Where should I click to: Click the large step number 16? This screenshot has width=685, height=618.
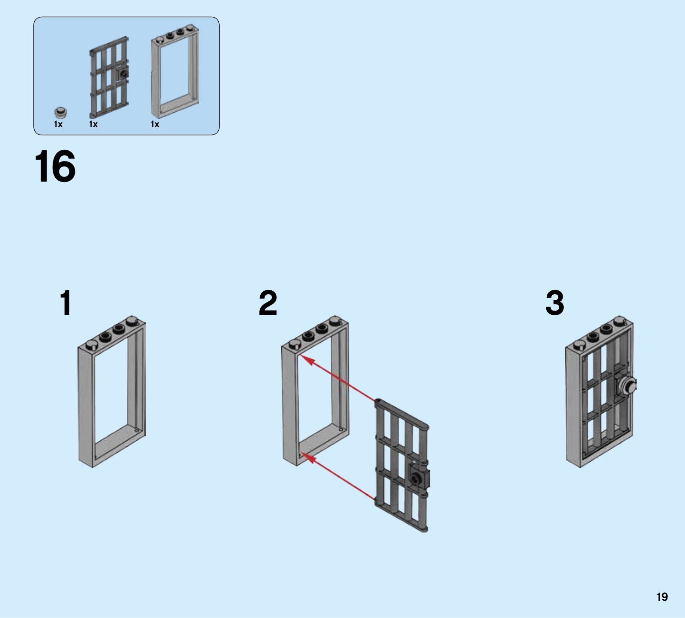point(55,166)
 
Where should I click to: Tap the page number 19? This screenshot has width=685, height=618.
point(662,597)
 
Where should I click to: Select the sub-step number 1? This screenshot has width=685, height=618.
point(66,303)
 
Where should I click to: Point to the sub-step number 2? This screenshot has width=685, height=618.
point(268,303)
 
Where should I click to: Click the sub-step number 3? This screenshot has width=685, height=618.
point(555,303)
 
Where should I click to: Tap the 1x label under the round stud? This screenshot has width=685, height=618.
point(58,124)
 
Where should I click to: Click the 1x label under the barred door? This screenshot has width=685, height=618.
point(93,124)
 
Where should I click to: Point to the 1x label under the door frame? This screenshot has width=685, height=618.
point(155,124)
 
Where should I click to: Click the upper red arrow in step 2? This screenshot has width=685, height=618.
point(338,377)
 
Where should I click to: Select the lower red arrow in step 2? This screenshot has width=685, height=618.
point(338,476)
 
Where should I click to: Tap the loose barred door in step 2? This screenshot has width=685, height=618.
point(402,466)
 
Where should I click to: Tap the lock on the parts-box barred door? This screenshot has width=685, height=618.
point(123,75)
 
